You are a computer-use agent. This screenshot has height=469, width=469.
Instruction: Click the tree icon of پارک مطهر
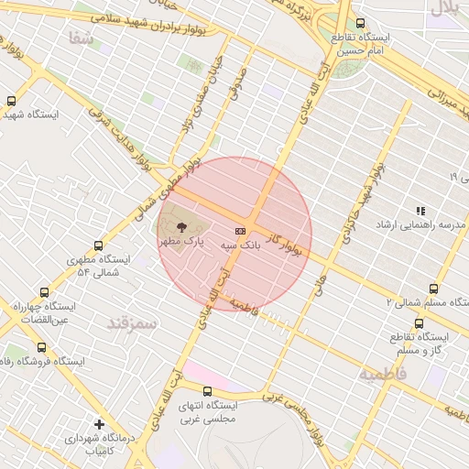[177, 224]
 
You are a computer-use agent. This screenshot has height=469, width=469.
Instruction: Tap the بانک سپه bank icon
[241, 231]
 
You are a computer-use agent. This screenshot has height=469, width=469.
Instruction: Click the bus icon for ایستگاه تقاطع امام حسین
[359, 23]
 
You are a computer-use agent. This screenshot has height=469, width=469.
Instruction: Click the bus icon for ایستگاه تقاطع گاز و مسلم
[420, 322]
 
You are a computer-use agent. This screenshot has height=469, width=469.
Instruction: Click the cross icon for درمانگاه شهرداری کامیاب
[99, 424]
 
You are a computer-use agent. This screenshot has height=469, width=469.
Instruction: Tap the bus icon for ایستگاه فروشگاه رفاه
[41, 347]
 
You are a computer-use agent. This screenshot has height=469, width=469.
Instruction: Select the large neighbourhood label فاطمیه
[381, 375]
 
